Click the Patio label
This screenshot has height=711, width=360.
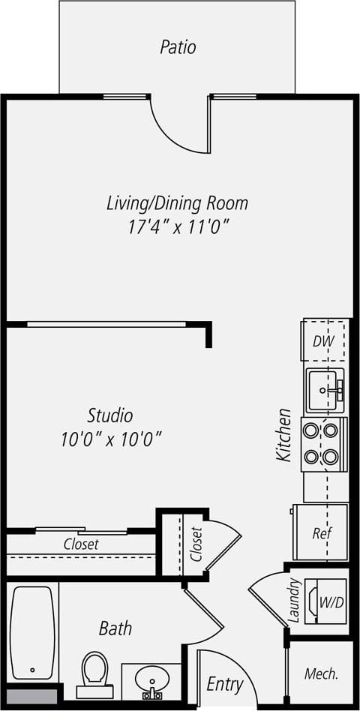pyautogui.click(x=178, y=47)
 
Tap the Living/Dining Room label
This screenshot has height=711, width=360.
pyautogui.click(x=177, y=202)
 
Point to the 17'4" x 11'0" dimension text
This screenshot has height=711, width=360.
pyautogui.click(x=177, y=226)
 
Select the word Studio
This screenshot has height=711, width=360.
pyautogui.click(x=110, y=415)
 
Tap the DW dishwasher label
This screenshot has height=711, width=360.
pyautogui.click(x=323, y=342)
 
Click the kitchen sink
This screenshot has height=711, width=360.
pyautogui.click(x=325, y=390)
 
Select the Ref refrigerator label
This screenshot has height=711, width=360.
pyautogui.click(x=322, y=534)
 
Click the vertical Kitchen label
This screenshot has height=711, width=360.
pyautogui.click(x=283, y=434)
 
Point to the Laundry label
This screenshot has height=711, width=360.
pyautogui.click(x=295, y=601)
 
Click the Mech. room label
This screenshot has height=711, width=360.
pyautogui.click(x=321, y=673)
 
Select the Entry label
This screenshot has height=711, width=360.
pyautogui.click(x=225, y=684)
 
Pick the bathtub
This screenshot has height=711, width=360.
pyautogui.click(x=32, y=631)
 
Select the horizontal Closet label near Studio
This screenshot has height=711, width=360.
pyautogui.click(x=81, y=544)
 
